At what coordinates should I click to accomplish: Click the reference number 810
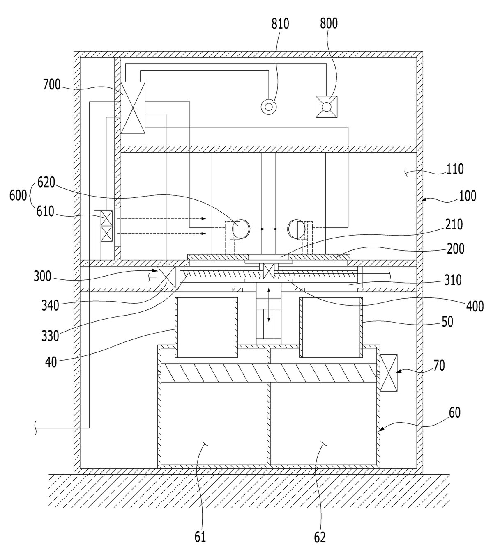280,24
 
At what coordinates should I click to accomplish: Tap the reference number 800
329,23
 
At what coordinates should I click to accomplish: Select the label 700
52,85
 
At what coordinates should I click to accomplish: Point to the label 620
46,182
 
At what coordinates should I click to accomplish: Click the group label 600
18,196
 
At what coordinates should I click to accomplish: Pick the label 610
45,212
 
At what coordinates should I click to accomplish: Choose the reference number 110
455,169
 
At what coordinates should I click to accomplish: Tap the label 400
475,306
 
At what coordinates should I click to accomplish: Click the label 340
50,305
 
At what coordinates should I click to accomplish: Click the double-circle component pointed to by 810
269,106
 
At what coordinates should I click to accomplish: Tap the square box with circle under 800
326,107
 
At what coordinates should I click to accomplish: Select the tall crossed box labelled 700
133,108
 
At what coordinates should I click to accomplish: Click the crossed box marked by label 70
388,373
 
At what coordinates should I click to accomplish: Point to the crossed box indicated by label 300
166,277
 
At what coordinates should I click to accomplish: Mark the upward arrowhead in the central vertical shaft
269,290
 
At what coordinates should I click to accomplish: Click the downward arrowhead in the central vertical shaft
269,320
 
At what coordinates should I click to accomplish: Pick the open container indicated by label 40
206,327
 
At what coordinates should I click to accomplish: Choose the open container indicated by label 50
331,327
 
